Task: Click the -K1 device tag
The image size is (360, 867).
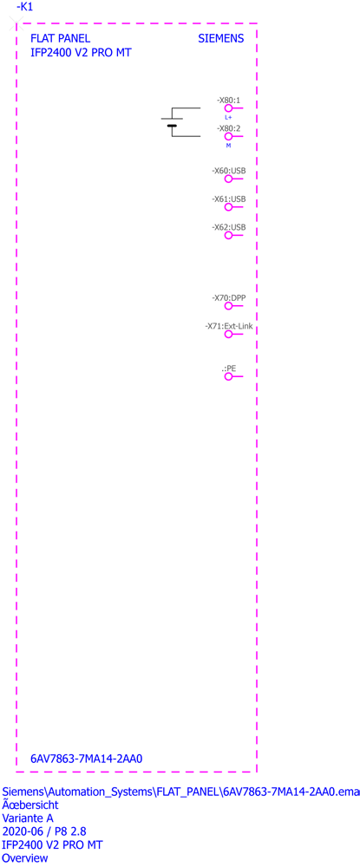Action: click(25, 7)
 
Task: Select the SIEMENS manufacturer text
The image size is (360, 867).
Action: click(220, 39)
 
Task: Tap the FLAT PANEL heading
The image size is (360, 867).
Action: click(60, 39)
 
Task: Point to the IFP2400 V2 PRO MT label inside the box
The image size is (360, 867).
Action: click(81, 53)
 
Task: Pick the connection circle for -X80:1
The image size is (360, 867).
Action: click(228, 108)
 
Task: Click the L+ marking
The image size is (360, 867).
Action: click(228, 117)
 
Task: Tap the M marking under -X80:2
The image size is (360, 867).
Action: click(228, 145)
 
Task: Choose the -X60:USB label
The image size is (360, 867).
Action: click(228, 171)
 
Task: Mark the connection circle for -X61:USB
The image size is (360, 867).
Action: click(228, 207)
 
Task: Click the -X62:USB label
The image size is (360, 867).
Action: click(228, 227)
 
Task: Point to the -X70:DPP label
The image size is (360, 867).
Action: click(228, 298)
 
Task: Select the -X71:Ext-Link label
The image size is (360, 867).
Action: click(229, 326)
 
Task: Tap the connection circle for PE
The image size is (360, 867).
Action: click(228, 376)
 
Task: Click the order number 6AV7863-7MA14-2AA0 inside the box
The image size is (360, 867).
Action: click(87, 759)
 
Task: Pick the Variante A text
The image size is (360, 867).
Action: click(28, 818)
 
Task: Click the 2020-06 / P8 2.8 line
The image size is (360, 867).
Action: click(44, 831)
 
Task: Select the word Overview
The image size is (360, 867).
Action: click(25, 858)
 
